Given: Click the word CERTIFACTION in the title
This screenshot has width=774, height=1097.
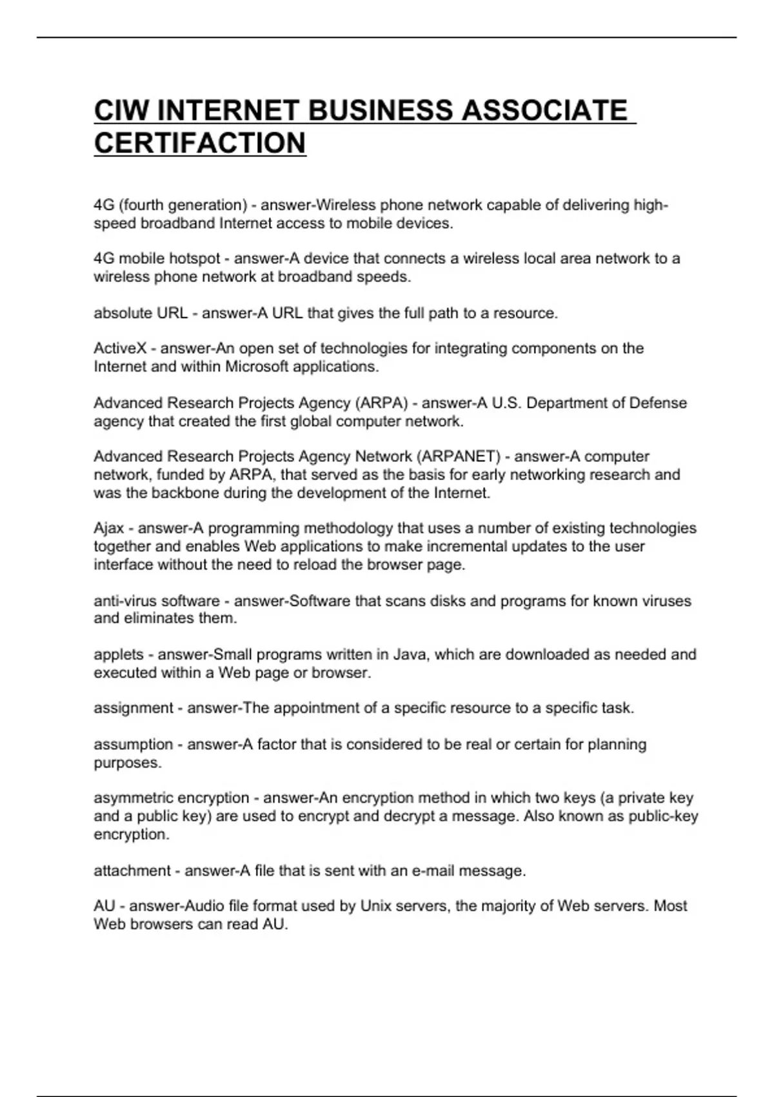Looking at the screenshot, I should [200, 143].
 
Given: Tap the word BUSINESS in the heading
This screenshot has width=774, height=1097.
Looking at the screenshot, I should [381, 110].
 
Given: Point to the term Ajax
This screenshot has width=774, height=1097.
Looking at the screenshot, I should [109, 528].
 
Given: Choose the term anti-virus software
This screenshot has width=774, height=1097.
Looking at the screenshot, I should [157, 601].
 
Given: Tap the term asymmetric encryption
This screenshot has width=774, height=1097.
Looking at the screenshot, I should [171, 798].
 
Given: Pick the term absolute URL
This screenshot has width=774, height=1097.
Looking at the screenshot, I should [141, 313].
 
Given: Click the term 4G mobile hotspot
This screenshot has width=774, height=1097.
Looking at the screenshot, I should [157, 259].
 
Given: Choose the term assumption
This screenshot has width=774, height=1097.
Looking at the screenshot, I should [133, 744].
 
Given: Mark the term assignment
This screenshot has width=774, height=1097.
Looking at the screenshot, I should [133, 708].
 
